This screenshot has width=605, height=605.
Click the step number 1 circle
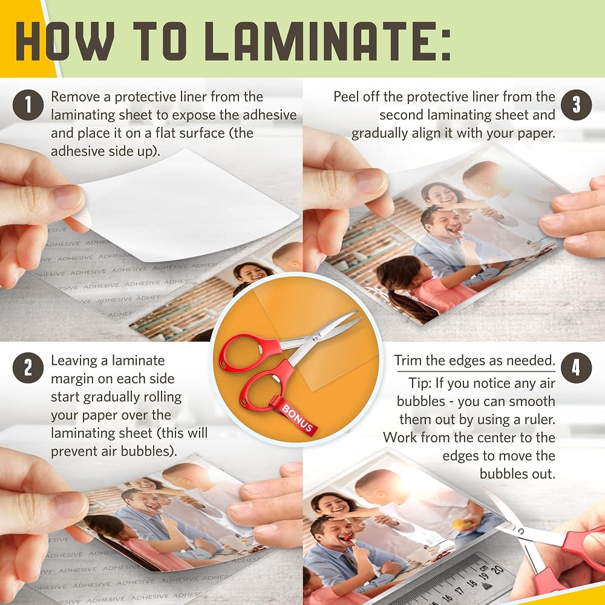coord(28,105)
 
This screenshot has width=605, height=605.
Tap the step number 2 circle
coord(28,368)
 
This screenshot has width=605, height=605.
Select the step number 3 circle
coord(576,105)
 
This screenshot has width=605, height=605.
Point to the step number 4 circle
coord(576,368)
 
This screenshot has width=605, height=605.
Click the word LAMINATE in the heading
coord(306,41)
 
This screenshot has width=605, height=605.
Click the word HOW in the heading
coord(65,41)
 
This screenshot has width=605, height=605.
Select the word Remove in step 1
coord(76,96)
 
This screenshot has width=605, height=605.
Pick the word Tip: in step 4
coord(420,383)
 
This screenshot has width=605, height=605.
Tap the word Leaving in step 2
coord(74,361)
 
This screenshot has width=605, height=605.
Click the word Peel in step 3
coord(346,96)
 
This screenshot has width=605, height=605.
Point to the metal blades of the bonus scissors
coord(320,331)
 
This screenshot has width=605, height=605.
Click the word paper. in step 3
coord(536,134)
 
